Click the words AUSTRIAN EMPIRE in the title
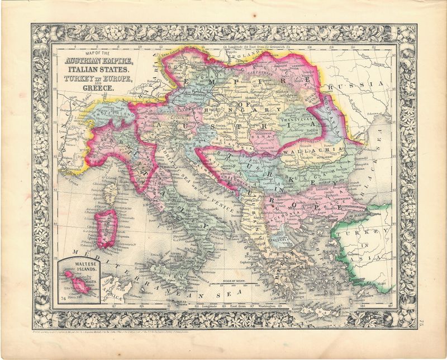coord(99,61)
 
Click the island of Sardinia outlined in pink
coord(107,229)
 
